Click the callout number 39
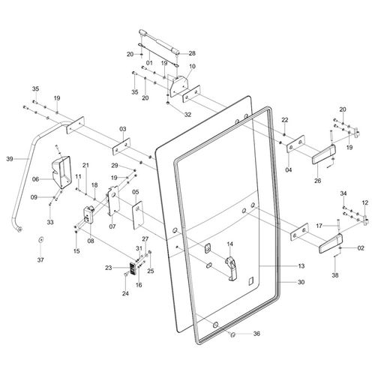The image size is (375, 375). pyautogui.click(x=10, y=159)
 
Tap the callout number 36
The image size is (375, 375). pyautogui.click(x=256, y=334)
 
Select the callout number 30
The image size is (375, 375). pyautogui.click(x=301, y=282)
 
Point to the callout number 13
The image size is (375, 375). pyautogui.click(x=301, y=265)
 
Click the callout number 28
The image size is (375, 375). pyautogui.click(x=192, y=53)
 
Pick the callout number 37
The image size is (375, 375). pyautogui.click(x=40, y=260)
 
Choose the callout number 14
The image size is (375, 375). pyautogui.click(x=229, y=244)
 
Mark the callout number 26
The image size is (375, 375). pyautogui.click(x=317, y=181)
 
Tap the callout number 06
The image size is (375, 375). pyautogui.click(x=36, y=179)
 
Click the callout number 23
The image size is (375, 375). pyautogui.click(x=109, y=268)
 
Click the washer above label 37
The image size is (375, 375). pyautogui.click(x=40, y=240)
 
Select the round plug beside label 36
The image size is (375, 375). pyautogui.click(x=232, y=334)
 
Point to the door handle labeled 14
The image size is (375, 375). pyautogui.click(x=232, y=268)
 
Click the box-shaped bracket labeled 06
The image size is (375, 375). pyautogui.click(x=61, y=172)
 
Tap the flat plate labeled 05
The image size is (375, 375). pyautogui.click(x=137, y=215)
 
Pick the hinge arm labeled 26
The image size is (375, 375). pyautogui.click(x=324, y=154)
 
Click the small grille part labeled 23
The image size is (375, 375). pyautogui.click(x=132, y=269)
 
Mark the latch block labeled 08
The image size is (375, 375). pyautogui.click(x=88, y=214)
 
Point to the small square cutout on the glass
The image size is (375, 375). pyautogui.click(x=250, y=280)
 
